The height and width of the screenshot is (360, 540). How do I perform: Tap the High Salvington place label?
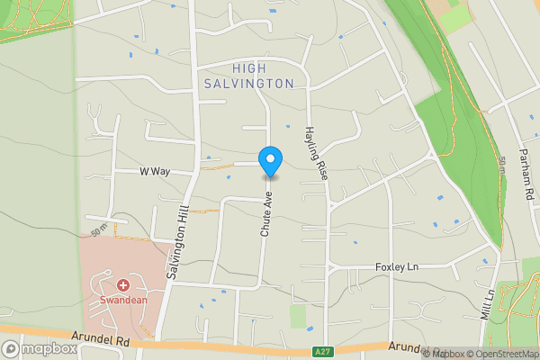(x=262, y=76)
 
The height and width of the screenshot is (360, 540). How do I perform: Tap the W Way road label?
(x=155, y=171)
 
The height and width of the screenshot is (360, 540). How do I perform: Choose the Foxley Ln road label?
(x=397, y=267)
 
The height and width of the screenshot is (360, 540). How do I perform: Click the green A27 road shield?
(x=325, y=351)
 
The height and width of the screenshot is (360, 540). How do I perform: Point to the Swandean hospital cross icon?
(x=123, y=283)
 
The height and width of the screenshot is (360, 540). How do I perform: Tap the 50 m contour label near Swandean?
(x=100, y=231)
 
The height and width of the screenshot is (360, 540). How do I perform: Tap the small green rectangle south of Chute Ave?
(x=298, y=316)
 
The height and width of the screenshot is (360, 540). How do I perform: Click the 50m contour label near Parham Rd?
(x=500, y=166)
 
